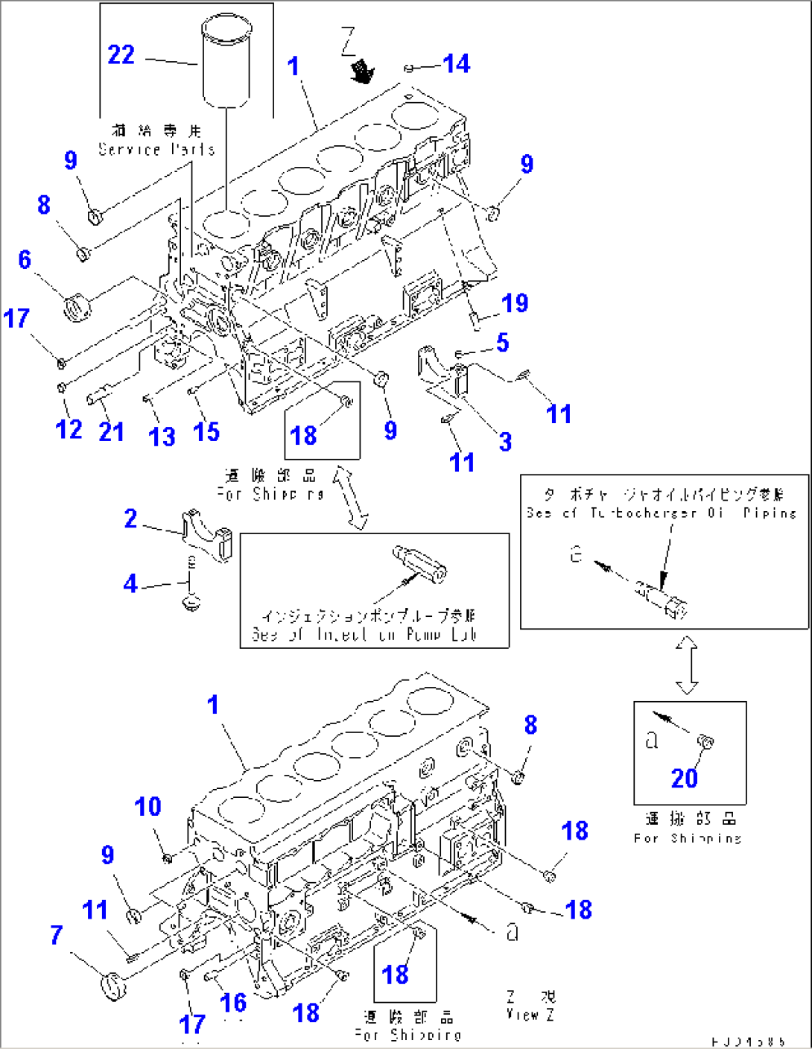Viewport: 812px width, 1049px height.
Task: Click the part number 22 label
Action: pyautogui.click(x=121, y=55)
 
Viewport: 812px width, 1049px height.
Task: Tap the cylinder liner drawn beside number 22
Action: pyautogui.click(x=226, y=63)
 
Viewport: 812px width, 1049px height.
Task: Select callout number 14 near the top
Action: pyautogui.click(x=456, y=64)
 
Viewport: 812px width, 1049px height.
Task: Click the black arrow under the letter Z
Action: pyautogui.click(x=363, y=72)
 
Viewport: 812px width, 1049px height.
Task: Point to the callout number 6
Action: pyautogui.click(x=25, y=259)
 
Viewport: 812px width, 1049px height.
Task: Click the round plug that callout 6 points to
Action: pyautogui.click(x=77, y=307)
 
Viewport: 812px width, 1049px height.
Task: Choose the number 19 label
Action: pyautogui.click(x=515, y=303)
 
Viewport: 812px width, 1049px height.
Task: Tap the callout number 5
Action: pyautogui.click(x=503, y=343)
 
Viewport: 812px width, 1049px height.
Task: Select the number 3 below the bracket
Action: pyautogui.click(x=505, y=442)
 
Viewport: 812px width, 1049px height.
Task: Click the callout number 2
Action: pyautogui.click(x=130, y=519)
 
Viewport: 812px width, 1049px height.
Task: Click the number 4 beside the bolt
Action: pyautogui.click(x=130, y=583)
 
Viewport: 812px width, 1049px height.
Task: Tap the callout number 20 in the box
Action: pyautogui.click(x=684, y=779)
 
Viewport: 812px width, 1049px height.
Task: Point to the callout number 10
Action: pyautogui.click(x=148, y=807)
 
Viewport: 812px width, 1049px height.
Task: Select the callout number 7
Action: pyautogui.click(x=57, y=935)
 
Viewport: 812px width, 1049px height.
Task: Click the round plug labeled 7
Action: pyautogui.click(x=113, y=986)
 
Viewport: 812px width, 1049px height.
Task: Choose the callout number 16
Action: pyautogui.click(x=233, y=1003)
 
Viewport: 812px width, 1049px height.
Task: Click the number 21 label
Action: pyautogui.click(x=111, y=431)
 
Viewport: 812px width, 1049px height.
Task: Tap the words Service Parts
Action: pyautogui.click(x=157, y=149)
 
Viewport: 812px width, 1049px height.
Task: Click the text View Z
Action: pyautogui.click(x=530, y=1014)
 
